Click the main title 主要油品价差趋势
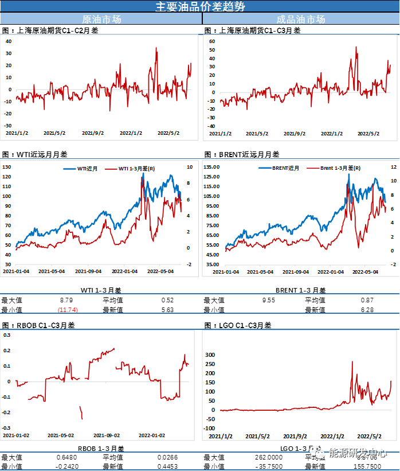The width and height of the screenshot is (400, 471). coord(200,6)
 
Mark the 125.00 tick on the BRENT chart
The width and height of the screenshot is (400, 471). coord(212,167)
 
